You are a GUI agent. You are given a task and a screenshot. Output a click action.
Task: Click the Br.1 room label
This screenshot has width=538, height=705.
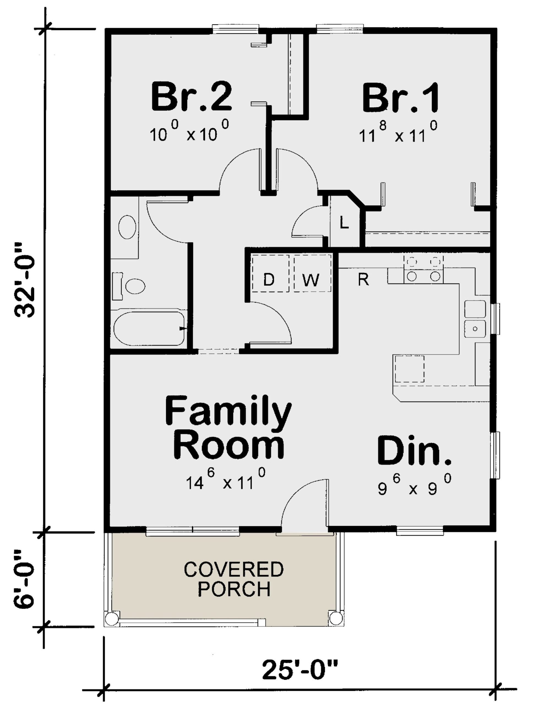[x=400, y=98]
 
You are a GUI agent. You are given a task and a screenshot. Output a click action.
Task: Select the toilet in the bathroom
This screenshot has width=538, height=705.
[x=131, y=286]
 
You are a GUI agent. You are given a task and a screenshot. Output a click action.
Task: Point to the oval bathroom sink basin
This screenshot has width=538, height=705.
[x=127, y=227]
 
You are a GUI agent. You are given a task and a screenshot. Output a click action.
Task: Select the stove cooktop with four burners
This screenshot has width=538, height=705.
[x=423, y=269]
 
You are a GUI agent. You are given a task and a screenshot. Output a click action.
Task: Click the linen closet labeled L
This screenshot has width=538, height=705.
[x=344, y=223]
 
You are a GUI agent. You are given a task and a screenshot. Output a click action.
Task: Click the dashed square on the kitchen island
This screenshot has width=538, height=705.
[x=409, y=368]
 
